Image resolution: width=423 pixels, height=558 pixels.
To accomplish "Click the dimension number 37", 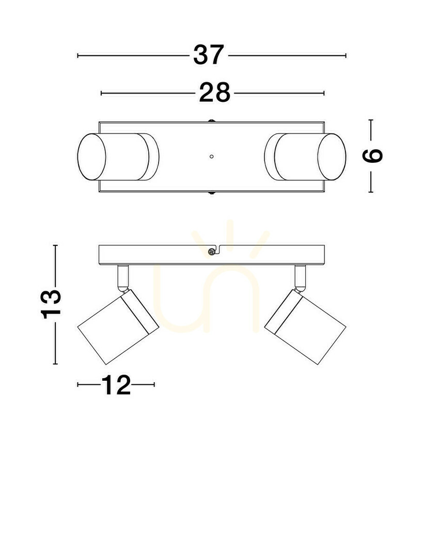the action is click(209, 55).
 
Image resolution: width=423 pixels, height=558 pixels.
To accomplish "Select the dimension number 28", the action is click(214, 93).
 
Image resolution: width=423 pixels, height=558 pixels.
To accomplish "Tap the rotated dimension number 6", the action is click(372, 156).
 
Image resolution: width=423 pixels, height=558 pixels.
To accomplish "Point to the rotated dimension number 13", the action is click(51, 304).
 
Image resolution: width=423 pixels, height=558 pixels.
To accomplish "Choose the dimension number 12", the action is click(116, 385).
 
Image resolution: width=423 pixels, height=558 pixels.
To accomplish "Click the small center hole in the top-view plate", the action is click(212, 156).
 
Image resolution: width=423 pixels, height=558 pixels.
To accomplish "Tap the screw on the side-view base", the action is click(212, 252).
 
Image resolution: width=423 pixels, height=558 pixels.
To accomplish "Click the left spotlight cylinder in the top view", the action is click(118, 157).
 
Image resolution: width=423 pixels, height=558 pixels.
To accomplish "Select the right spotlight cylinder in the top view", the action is click(305, 157).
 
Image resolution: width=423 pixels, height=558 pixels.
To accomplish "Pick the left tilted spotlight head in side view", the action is click(118, 327).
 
